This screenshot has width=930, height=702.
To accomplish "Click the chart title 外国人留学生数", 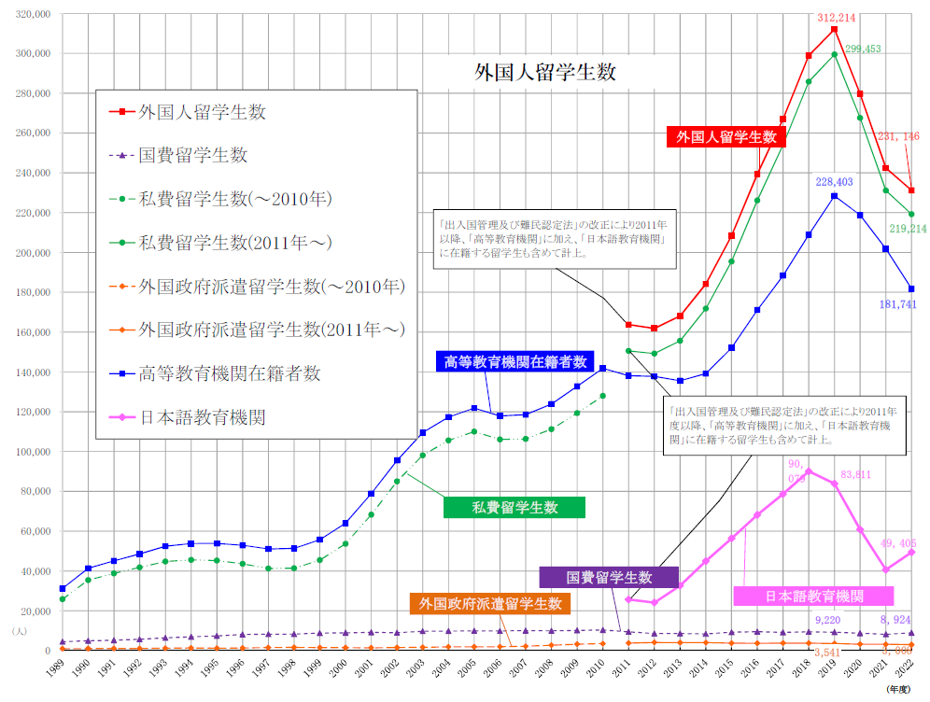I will click(545, 71).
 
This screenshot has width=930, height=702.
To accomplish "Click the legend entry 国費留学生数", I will click(192, 155).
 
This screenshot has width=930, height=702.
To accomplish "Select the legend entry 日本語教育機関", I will click(202, 417).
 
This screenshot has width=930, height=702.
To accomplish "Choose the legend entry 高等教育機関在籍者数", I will click(229, 373).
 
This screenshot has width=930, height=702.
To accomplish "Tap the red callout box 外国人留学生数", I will click(726, 136).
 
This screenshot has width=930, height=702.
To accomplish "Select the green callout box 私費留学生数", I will click(514, 508).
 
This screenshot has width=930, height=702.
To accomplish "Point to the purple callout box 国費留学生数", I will click(608, 577).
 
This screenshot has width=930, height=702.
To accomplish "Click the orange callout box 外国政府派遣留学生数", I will click(489, 604).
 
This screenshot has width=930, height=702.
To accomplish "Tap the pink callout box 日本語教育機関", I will click(813, 596).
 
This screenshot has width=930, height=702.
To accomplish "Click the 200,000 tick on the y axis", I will click(32, 252).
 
